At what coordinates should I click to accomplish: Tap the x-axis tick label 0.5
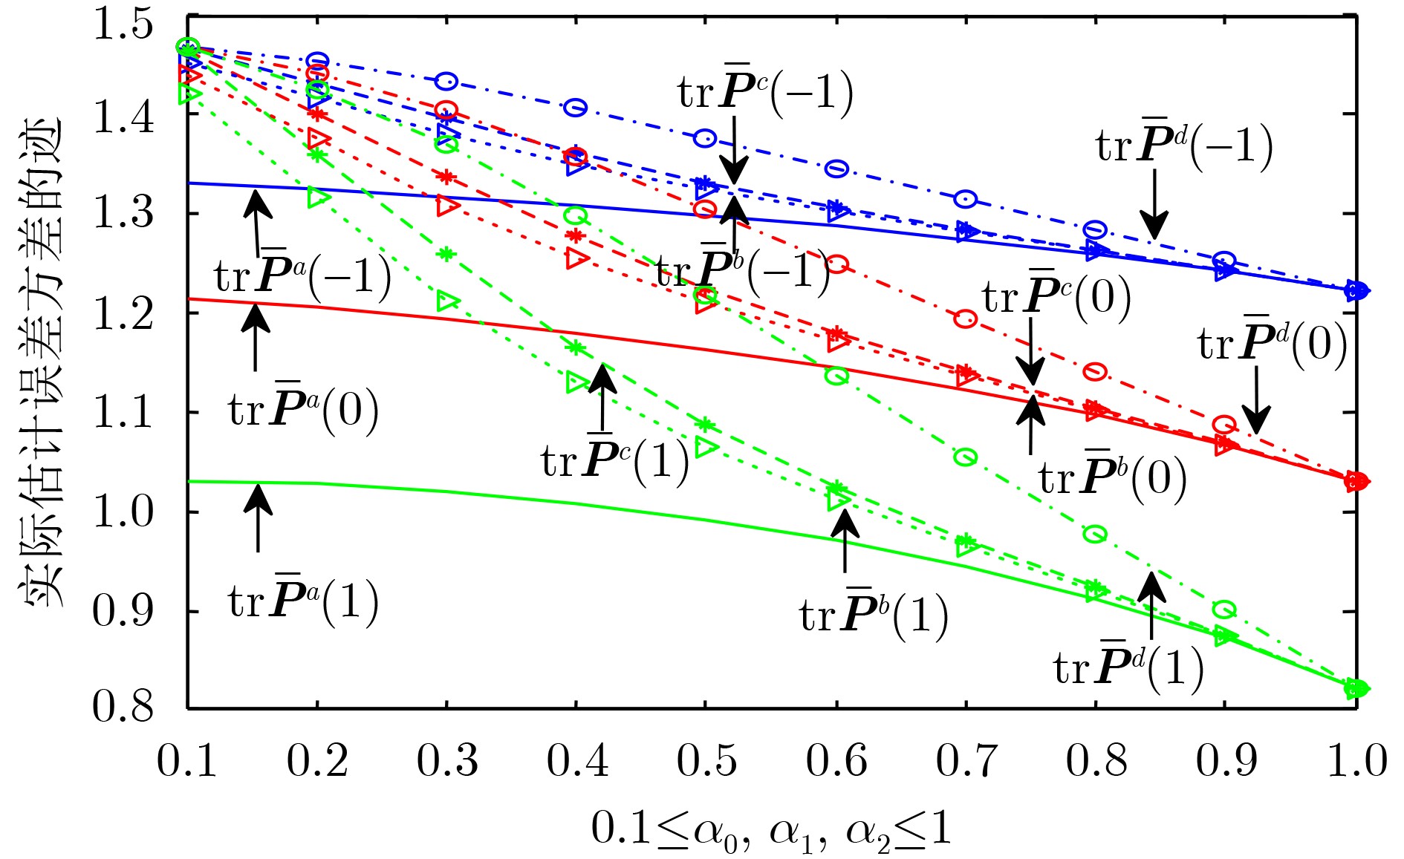[706, 760]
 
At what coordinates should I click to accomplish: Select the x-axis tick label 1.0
[1356, 760]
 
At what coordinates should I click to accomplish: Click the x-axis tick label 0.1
[187, 760]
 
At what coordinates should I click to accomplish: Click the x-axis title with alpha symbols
[771, 830]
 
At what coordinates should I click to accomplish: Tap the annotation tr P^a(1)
[303, 601]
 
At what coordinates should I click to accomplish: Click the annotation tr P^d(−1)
[1184, 146]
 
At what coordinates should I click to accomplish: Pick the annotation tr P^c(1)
[615, 460]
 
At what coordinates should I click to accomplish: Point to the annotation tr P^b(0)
[1112, 477]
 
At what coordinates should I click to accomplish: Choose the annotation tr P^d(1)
[1128, 667]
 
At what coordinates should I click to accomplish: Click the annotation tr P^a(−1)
[302, 276]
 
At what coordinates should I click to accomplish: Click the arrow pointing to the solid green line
[258, 517]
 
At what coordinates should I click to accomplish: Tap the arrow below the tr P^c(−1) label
[734, 148]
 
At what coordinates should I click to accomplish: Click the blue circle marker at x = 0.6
[836, 169]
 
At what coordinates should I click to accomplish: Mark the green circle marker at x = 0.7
[965, 457]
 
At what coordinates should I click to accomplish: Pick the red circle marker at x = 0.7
[965, 319]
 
